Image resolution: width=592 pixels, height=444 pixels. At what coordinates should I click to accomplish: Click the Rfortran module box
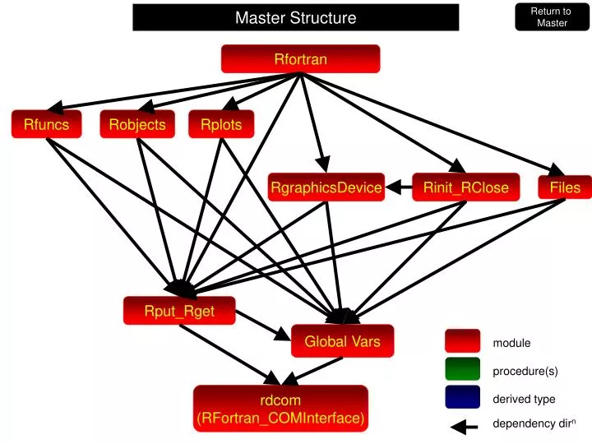pyautogui.click(x=300, y=59)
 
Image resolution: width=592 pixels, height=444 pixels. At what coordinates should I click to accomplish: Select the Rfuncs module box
pyautogui.click(x=46, y=124)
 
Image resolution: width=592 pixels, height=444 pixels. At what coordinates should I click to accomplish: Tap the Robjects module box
pyautogui.click(x=137, y=124)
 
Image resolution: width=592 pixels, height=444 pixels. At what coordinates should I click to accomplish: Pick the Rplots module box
pyautogui.click(x=221, y=124)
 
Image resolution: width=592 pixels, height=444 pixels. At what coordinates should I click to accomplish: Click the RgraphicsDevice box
pyautogui.click(x=326, y=188)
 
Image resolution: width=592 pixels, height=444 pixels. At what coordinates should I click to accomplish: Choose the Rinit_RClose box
pyautogui.click(x=465, y=188)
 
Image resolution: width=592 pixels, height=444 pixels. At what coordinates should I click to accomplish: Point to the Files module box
pyautogui.click(x=565, y=188)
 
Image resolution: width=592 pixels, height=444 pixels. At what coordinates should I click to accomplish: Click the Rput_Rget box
pyautogui.click(x=179, y=311)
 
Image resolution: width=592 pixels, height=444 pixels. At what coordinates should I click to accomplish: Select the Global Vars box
pyautogui.click(x=342, y=341)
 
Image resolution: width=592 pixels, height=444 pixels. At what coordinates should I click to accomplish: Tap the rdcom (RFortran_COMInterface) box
pyautogui.click(x=280, y=409)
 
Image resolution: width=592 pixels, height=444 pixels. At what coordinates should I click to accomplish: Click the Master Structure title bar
pyautogui.click(x=296, y=17)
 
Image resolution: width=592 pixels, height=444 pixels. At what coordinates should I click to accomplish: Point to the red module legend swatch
pyautogui.click(x=462, y=341)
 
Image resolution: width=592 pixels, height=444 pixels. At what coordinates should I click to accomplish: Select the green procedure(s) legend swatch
pyautogui.click(x=462, y=370)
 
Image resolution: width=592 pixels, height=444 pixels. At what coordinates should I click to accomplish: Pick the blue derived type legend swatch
pyautogui.click(x=462, y=398)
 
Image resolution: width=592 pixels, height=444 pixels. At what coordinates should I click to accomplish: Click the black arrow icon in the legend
pyautogui.click(x=464, y=426)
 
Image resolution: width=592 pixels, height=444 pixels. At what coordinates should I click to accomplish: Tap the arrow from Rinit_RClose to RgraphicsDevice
pyautogui.click(x=399, y=188)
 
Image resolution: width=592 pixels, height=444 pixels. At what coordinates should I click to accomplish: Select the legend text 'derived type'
pyautogui.click(x=524, y=400)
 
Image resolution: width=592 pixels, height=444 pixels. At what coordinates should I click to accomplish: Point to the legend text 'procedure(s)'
pyautogui.click(x=525, y=372)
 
